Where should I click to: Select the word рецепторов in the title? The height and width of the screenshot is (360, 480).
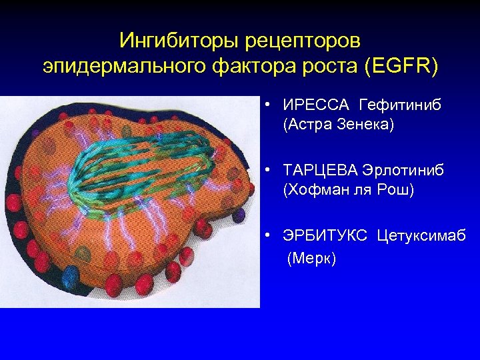click(x=303, y=41)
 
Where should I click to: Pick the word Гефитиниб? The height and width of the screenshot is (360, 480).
click(x=401, y=106)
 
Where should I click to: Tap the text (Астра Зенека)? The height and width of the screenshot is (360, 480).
click(x=339, y=125)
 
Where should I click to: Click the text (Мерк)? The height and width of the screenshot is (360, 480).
click(x=311, y=258)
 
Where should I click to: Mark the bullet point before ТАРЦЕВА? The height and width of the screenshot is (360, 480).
click(x=266, y=171)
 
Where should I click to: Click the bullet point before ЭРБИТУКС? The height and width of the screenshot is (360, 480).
click(x=266, y=237)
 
